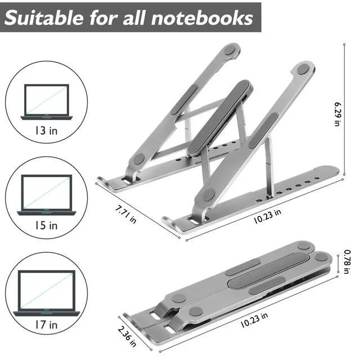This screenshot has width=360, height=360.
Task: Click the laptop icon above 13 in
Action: (x=46, y=101)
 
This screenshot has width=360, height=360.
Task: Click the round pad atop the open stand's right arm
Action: (x=303, y=70)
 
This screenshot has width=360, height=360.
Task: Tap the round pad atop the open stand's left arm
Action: (x=229, y=50)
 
